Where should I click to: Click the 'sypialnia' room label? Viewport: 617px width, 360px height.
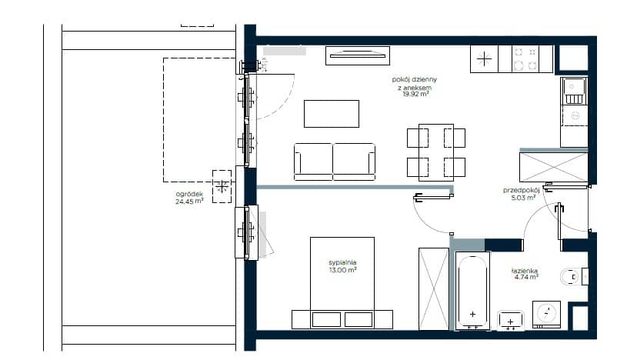pyautogui.click(x=342, y=262)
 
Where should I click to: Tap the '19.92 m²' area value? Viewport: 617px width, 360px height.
pyautogui.click(x=415, y=94)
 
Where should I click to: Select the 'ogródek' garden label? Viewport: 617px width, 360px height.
pyautogui.click(x=189, y=195)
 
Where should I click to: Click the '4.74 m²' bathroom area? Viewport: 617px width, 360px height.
pyautogui.click(x=526, y=277)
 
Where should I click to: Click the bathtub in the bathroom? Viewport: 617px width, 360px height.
pyautogui.click(x=472, y=291)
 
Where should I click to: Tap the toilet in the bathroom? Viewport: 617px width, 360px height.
pyautogui.click(x=572, y=277)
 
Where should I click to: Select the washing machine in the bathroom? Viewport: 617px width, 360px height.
pyautogui.click(x=546, y=315)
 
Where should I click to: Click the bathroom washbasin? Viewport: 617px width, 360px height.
pyautogui.click(x=510, y=320)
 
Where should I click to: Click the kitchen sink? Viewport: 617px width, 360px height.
pyautogui.click(x=574, y=91)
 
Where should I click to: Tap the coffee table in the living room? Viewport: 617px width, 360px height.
pyautogui.click(x=332, y=114)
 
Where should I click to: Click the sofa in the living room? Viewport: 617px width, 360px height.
pyautogui.click(x=335, y=162)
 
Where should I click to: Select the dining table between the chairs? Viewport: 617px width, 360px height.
pyautogui.click(x=436, y=152)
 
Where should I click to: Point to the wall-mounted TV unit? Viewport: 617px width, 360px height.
pyautogui.click(x=358, y=55)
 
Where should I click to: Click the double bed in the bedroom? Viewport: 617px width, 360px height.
pyautogui.click(x=342, y=282)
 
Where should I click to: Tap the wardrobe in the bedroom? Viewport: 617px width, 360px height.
pyautogui.click(x=434, y=288)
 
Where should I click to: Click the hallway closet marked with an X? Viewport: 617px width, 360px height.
pyautogui.click(x=553, y=167)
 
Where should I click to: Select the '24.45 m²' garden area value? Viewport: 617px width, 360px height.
pyautogui.click(x=189, y=202)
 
